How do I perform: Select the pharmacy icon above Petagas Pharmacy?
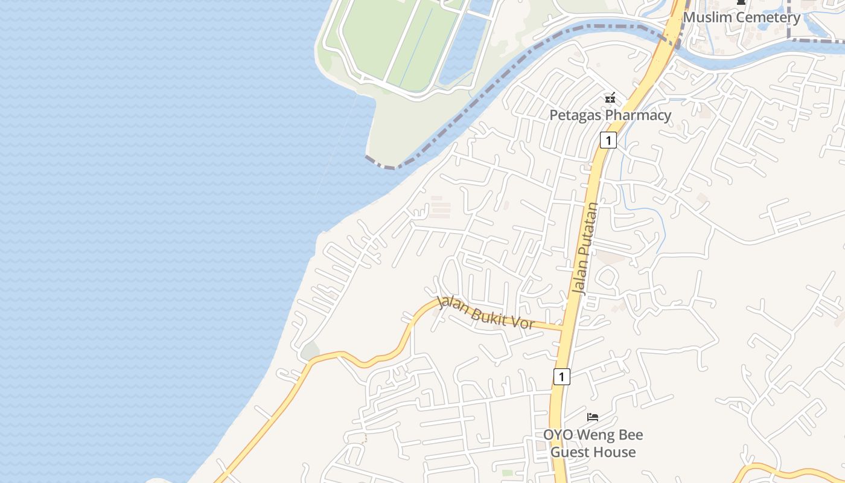click(610, 97)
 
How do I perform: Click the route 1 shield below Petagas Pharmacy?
click(608, 141)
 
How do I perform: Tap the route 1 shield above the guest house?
click(561, 377)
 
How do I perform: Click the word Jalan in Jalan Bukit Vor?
click(451, 304)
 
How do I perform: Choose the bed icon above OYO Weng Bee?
click(593, 417)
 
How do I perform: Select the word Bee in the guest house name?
click(631, 435)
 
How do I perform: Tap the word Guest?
click(569, 452)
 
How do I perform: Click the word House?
click(614, 452)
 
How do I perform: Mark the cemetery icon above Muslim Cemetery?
click(741, 2)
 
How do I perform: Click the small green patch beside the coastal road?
click(310, 351)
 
